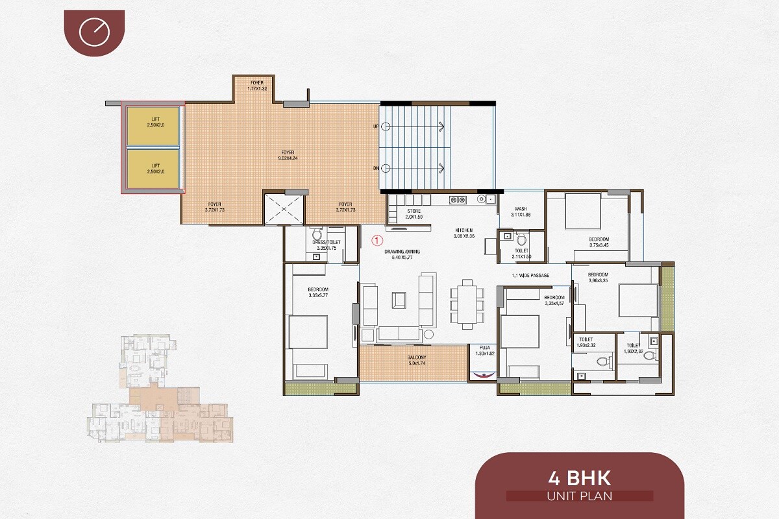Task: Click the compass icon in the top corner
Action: [94, 32]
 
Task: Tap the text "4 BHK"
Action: [580, 479]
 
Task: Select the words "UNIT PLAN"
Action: [580, 496]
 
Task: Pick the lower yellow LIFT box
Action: [153, 169]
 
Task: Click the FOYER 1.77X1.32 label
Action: [258, 86]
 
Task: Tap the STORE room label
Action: [414, 214]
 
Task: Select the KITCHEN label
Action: [464, 233]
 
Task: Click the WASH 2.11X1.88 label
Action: [521, 211]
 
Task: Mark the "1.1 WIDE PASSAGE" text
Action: [530, 276]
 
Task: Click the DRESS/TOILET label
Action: [325, 245]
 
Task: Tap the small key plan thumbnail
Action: [159, 389]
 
